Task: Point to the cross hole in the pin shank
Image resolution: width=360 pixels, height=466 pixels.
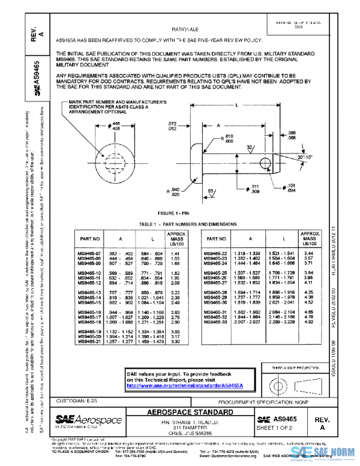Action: [264, 162]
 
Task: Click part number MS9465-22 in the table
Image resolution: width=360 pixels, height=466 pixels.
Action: [215, 254]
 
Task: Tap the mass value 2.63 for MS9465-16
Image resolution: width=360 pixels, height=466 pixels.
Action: [176, 312]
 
